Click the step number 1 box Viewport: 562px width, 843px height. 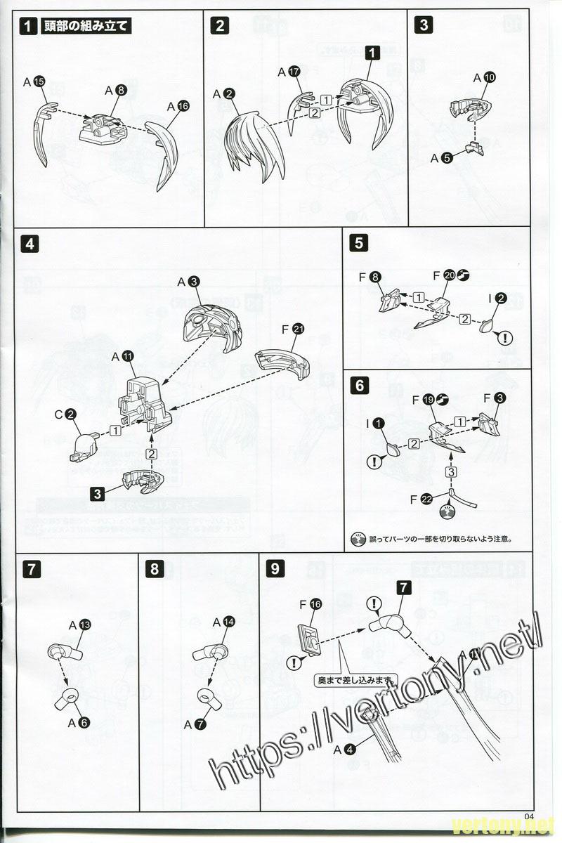coord(28,27)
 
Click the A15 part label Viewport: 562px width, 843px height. coord(34,82)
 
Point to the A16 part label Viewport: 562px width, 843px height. coord(178,105)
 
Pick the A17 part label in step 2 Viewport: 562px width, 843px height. coord(289,71)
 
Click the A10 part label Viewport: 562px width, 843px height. coord(485,77)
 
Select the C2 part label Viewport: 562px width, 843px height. coord(65,414)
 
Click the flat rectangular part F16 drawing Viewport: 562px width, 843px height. coord(309,636)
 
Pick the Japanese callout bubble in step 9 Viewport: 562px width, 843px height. coord(356,680)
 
